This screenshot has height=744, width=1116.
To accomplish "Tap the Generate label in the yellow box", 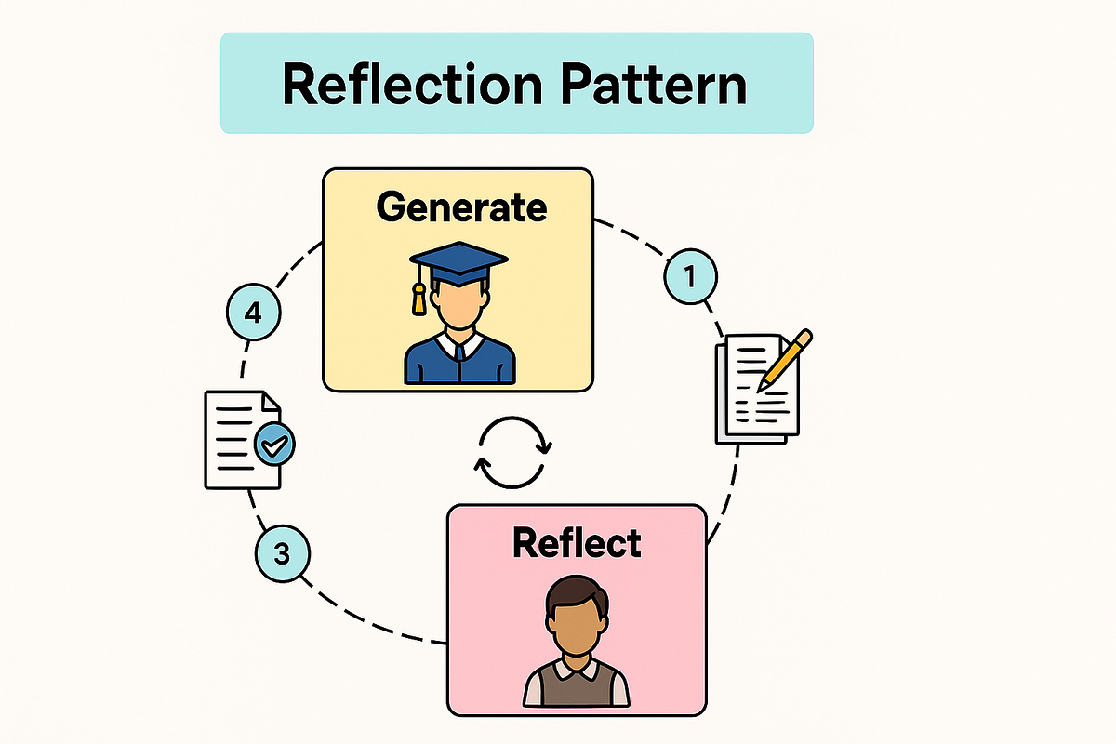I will pos(461,206).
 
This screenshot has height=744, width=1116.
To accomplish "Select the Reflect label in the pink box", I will pos(577,542).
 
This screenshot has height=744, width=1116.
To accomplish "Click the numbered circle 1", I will pos(690,276).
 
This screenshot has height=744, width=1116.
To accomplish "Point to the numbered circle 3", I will pos(283,554).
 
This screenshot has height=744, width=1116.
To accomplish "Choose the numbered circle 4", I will pos(252,314).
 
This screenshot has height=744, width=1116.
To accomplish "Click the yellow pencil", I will pos(786,359).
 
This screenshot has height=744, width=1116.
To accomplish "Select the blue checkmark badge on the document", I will pos(274,445).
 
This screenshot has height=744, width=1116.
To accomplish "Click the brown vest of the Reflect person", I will pos(577,688).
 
